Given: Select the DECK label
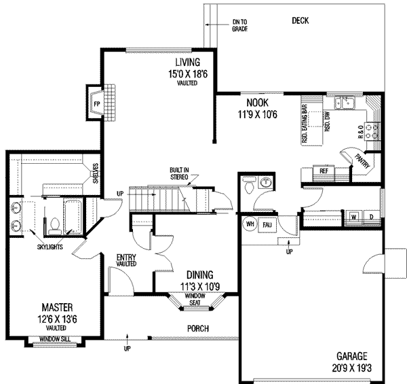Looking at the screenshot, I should pos(300,21).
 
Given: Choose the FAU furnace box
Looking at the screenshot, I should pos(267,225).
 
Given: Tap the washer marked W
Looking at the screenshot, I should pos(354,217).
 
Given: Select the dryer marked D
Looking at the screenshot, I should pos(370,217).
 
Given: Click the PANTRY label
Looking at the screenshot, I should pos(361,158).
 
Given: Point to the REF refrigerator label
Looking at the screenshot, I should pos(324,171).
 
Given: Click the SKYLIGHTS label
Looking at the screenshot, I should pos(50,247).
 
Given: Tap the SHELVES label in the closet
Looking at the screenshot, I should pos(96,173).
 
